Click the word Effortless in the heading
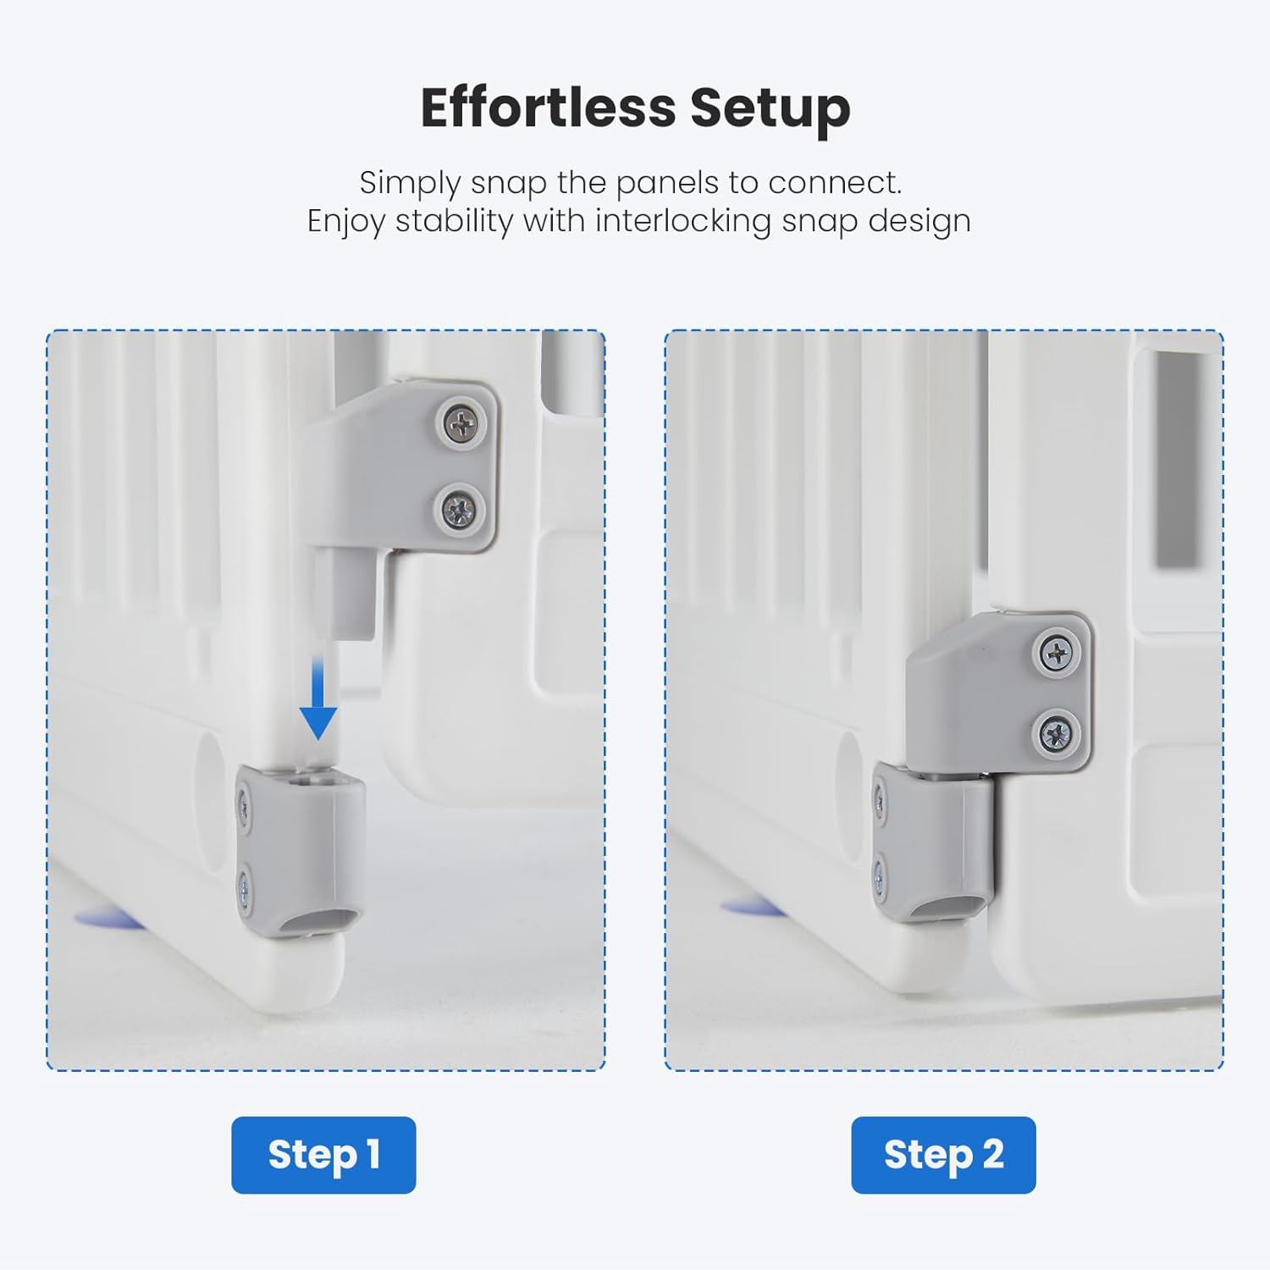547,108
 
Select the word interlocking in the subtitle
683,221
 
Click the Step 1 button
323,1155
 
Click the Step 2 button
943,1155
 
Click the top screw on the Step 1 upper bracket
461,422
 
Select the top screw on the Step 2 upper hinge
1057,653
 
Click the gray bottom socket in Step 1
301,852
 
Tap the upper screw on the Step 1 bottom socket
244,806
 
